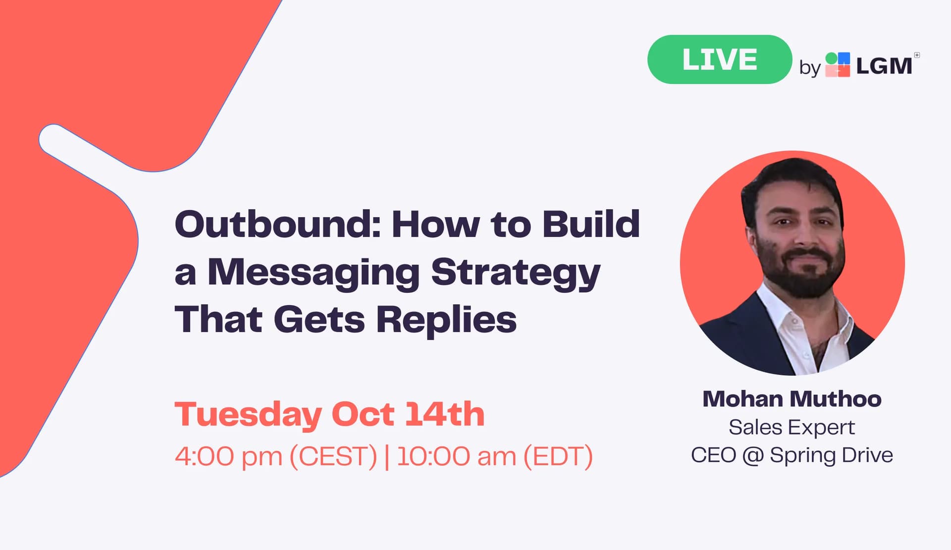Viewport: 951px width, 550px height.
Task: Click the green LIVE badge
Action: coord(720,59)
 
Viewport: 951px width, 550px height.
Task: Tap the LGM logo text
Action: coord(884,66)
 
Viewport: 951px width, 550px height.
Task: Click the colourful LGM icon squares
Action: coord(838,65)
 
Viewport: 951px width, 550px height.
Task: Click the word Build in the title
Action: coord(591,224)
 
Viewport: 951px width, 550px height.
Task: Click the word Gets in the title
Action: coord(319,320)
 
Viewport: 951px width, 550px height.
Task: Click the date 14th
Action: coord(445,414)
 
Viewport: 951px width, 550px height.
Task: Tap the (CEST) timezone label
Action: coord(333,456)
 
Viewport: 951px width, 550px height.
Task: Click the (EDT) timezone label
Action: coord(558,456)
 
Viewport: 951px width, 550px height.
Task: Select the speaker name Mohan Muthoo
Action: coord(792,399)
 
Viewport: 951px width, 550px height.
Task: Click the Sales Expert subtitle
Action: coord(792,428)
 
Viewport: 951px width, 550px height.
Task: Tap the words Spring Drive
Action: coord(832,455)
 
